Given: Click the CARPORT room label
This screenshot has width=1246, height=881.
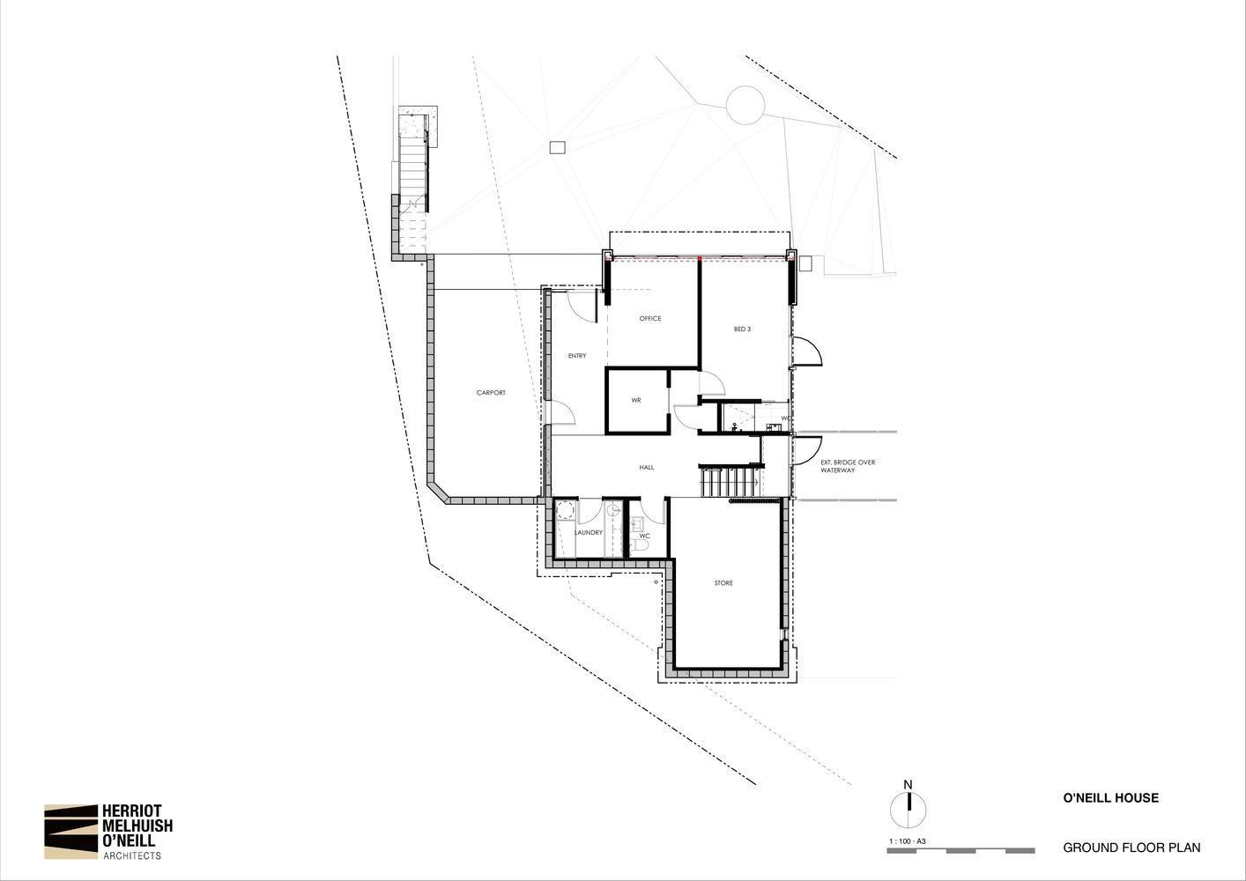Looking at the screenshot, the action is point(491,393).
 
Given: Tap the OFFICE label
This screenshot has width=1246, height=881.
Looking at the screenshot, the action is point(649,319).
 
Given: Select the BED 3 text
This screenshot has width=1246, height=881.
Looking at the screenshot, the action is point(742,329).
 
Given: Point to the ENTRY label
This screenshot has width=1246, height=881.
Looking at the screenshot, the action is point(577,356).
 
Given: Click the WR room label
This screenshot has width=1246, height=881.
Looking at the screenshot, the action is point(636,401).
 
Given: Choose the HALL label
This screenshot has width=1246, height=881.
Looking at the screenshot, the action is point(647,468).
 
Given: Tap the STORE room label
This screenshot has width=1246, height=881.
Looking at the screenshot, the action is point(723,583).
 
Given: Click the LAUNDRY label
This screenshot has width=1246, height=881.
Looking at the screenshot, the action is point(588,533).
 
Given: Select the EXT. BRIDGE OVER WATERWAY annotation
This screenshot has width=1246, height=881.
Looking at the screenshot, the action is point(848,466).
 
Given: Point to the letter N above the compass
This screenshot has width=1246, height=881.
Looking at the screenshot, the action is point(908,785).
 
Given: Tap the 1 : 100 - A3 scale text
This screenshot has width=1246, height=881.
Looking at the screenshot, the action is point(908,841).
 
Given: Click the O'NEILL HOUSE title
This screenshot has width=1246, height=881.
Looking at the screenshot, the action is point(1111,798).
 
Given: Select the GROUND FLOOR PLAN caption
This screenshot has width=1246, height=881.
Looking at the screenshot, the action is point(1131,848).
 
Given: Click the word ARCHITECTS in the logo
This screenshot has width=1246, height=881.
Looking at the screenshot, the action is point(132,856).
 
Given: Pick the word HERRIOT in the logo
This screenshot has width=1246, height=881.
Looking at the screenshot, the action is point(132,811).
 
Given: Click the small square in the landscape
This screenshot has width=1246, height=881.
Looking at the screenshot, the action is point(558,147).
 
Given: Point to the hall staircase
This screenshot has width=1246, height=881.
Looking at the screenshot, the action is point(731,482).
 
